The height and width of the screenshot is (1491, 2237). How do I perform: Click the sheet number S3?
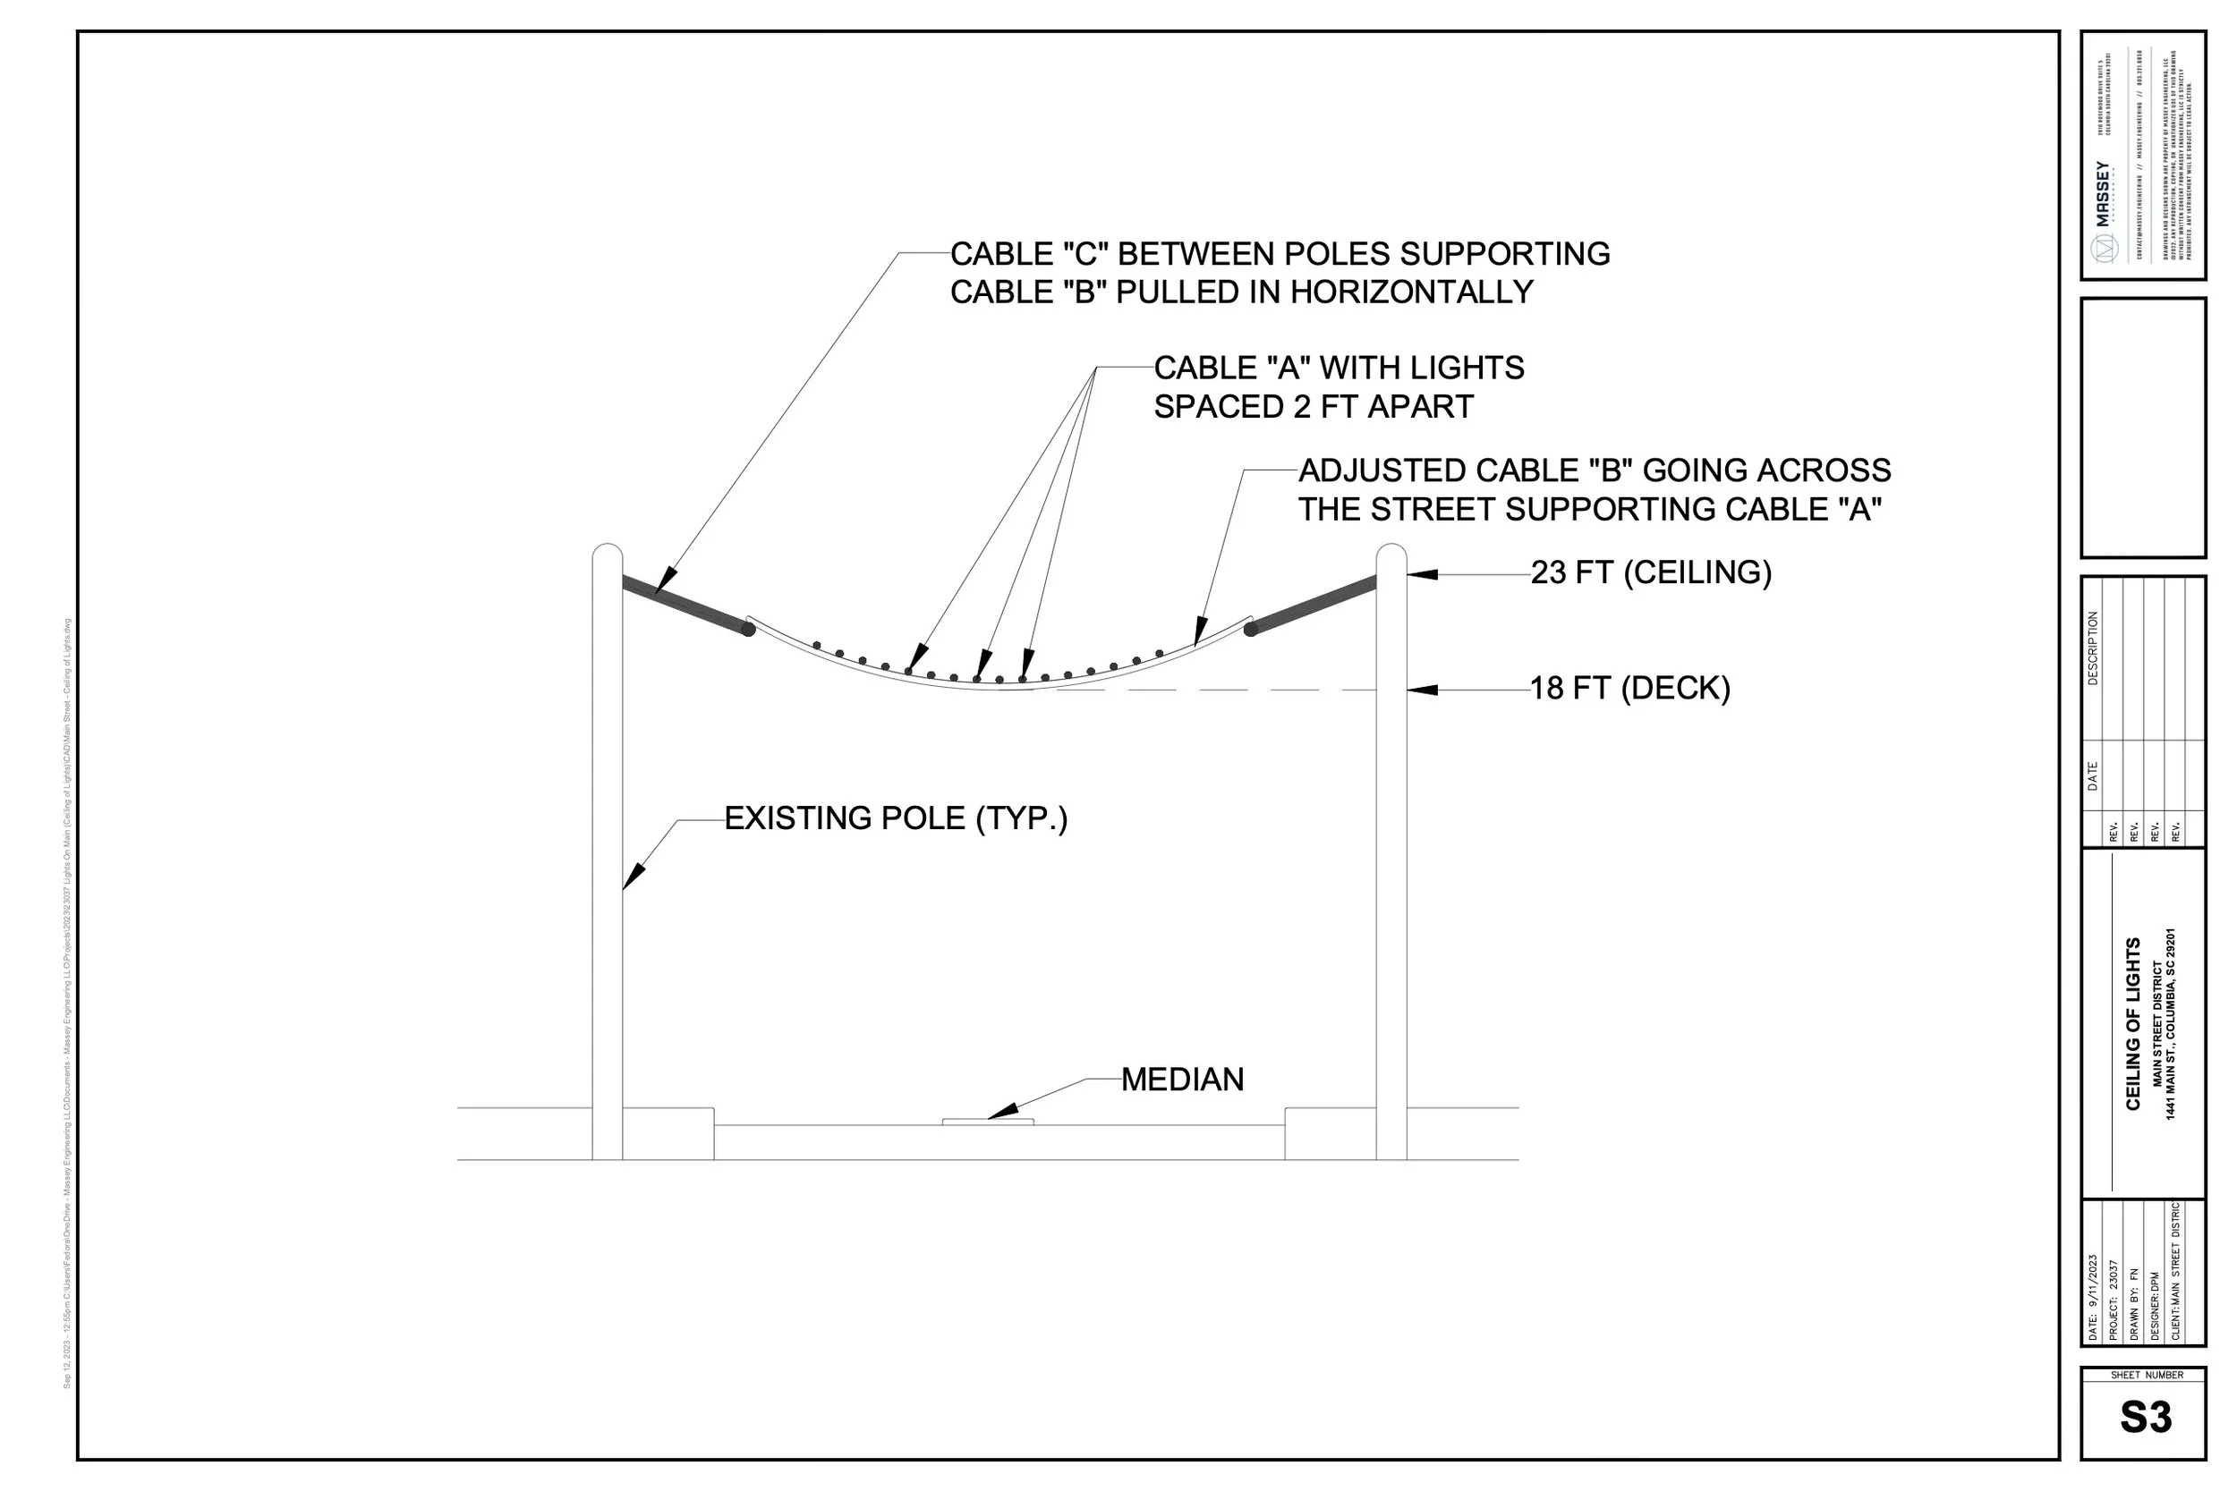(x=2146, y=1417)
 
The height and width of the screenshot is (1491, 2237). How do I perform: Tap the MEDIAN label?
(x=1182, y=1080)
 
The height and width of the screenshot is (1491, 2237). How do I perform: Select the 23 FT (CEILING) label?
(x=1651, y=572)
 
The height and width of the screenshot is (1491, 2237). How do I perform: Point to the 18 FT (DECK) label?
(x=1630, y=689)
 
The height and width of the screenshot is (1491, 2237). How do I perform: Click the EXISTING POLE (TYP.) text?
(x=896, y=818)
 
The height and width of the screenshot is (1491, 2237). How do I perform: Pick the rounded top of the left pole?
(x=608, y=555)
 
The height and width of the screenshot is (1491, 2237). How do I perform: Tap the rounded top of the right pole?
(x=1391, y=555)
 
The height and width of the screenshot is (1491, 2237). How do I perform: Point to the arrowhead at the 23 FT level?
(x=1421, y=574)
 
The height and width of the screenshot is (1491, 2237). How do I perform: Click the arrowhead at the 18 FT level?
(x=1421, y=690)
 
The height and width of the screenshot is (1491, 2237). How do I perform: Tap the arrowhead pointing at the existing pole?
(x=634, y=877)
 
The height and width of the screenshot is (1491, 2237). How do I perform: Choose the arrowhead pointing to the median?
(x=1003, y=1111)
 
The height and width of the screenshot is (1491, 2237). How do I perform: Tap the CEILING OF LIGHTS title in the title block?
(x=2133, y=1023)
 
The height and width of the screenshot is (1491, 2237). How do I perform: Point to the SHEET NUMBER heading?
(x=2147, y=1375)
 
